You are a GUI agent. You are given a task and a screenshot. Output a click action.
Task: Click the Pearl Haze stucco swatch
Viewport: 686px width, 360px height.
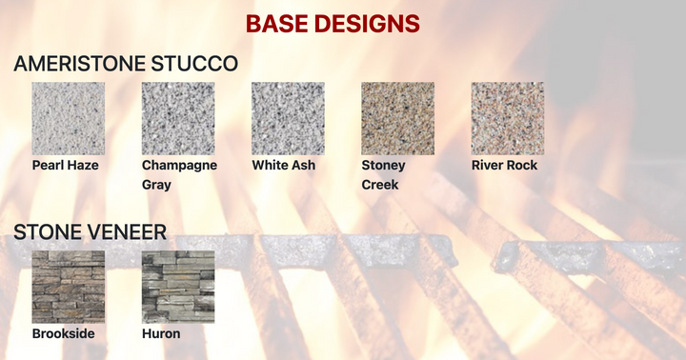pos(68,118)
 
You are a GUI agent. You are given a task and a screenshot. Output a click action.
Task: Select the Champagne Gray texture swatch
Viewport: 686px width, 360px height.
pos(178,118)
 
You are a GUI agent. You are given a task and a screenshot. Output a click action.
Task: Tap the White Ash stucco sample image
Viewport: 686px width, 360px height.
pos(288,118)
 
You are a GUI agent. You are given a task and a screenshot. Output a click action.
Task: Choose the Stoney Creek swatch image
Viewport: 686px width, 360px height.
pos(397,118)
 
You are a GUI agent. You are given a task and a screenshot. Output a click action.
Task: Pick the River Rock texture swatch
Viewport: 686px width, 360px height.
pos(508,118)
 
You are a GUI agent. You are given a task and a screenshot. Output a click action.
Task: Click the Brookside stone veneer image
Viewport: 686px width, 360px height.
pos(68,287)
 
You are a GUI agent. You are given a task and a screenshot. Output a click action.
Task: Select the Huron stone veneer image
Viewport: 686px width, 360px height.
pos(178,287)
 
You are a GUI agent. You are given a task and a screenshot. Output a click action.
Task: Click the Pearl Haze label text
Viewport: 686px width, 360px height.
pos(66,165)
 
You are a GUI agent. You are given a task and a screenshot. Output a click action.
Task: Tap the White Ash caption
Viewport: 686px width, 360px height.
pos(284,165)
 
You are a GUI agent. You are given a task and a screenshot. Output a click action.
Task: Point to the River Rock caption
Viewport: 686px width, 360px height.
pos(504,165)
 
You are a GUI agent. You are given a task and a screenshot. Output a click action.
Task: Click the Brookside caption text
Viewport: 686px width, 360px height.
pos(63,334)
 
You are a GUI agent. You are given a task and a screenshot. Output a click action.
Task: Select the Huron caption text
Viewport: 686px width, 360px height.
pos(161,334)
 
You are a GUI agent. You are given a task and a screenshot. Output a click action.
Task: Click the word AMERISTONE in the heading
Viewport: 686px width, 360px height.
pos(79,64)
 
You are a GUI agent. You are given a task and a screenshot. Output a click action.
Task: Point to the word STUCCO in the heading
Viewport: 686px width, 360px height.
pos(193,64)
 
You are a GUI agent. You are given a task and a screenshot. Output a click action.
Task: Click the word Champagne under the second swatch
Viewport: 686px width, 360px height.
pos(179,165)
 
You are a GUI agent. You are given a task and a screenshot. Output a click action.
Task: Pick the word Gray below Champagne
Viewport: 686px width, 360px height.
pos(156,185)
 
